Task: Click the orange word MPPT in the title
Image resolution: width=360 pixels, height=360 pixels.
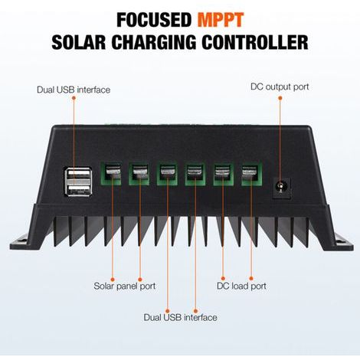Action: click(221, 20)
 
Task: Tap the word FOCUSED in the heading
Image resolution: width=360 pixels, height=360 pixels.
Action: click(154, 20)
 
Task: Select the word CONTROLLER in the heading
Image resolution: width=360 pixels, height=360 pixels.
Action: click(255, 42)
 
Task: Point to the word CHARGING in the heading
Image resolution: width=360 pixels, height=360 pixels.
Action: click(154, 42)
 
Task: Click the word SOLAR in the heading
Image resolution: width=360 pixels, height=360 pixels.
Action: click(79, 42)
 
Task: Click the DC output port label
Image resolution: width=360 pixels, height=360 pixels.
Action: click(280, 87)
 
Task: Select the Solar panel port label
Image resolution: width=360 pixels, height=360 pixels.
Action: click(125, 286)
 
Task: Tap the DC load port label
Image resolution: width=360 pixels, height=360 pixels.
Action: click(241, 286)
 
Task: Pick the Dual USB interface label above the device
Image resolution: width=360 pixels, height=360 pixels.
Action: click(74, 90)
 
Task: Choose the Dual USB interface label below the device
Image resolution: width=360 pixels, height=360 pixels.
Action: click(181, 317)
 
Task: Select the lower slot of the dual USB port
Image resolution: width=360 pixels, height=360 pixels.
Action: click(79, 190)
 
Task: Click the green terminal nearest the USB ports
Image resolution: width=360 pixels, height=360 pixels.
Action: click(110, 173)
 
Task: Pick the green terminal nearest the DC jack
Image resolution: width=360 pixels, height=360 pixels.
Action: click(252, 173)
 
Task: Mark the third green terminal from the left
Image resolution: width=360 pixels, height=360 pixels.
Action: click(167, 173)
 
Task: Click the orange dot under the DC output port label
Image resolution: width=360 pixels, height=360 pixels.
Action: click(280, 98)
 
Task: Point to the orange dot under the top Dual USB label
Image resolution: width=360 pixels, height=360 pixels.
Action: click(74, 98)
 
